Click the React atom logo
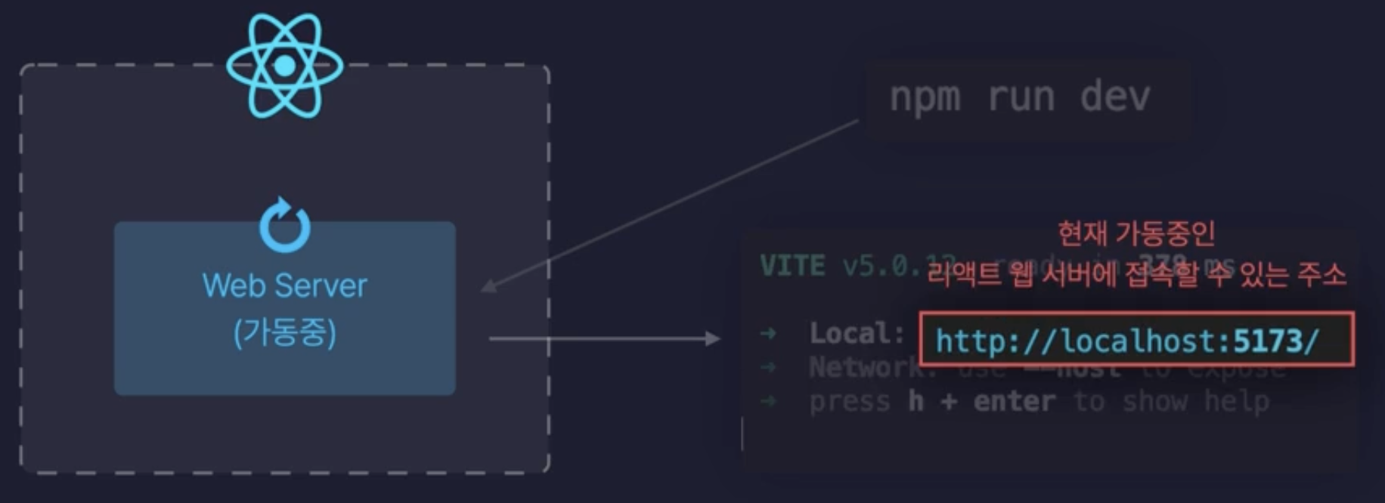285,66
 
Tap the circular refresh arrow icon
285,226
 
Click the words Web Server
285,286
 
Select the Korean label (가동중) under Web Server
285,332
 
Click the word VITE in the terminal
792,266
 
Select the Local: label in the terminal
857,333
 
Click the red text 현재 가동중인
1136,233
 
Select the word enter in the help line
1014,401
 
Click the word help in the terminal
1236,401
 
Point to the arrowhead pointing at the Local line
713,338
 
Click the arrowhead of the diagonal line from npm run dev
488,286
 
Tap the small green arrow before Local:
768,333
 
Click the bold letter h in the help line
916,401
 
